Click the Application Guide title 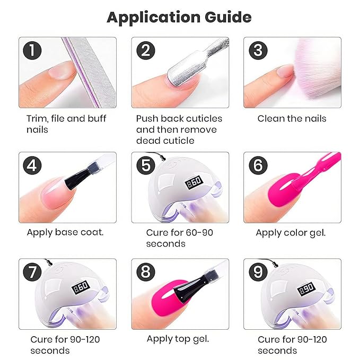click(x=179, y=17)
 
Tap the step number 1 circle click(x=32, y=50)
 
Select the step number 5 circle click(x=146, y=165)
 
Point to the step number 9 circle click(x=258, y=272)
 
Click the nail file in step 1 click(x=90, y=72)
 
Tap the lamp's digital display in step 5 click(x=194, y=182)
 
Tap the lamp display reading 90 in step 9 click(x=306, y=289)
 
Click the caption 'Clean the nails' click(x=292, y=119)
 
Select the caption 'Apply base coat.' click(x=65, y=233)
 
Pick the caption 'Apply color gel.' click(x=291, y=233)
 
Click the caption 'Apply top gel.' click(x=178, y=339)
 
